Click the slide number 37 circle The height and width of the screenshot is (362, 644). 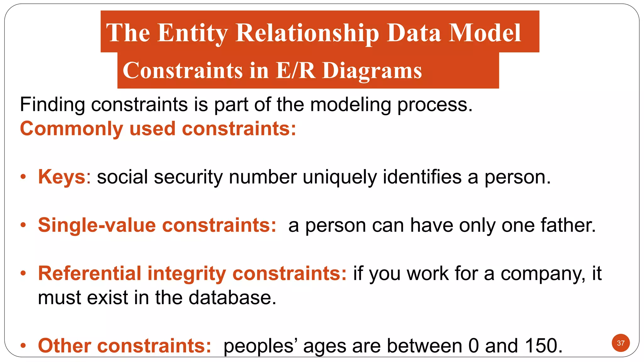click(620, 343)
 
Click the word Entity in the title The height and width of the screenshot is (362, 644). click(192, 33)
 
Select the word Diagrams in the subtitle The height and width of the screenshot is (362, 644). click(372, 71)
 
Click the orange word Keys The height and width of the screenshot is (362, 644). click(62, 177)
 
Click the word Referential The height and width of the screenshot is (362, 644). click(90, 273)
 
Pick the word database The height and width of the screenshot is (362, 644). click(232, 298)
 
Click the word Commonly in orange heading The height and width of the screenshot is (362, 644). click(71, 129)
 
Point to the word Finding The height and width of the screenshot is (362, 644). click(52, 105)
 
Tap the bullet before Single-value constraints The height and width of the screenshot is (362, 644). click(23, 225)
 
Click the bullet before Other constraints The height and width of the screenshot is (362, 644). click(23, 346)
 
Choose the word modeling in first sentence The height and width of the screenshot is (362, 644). click(351, 105)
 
